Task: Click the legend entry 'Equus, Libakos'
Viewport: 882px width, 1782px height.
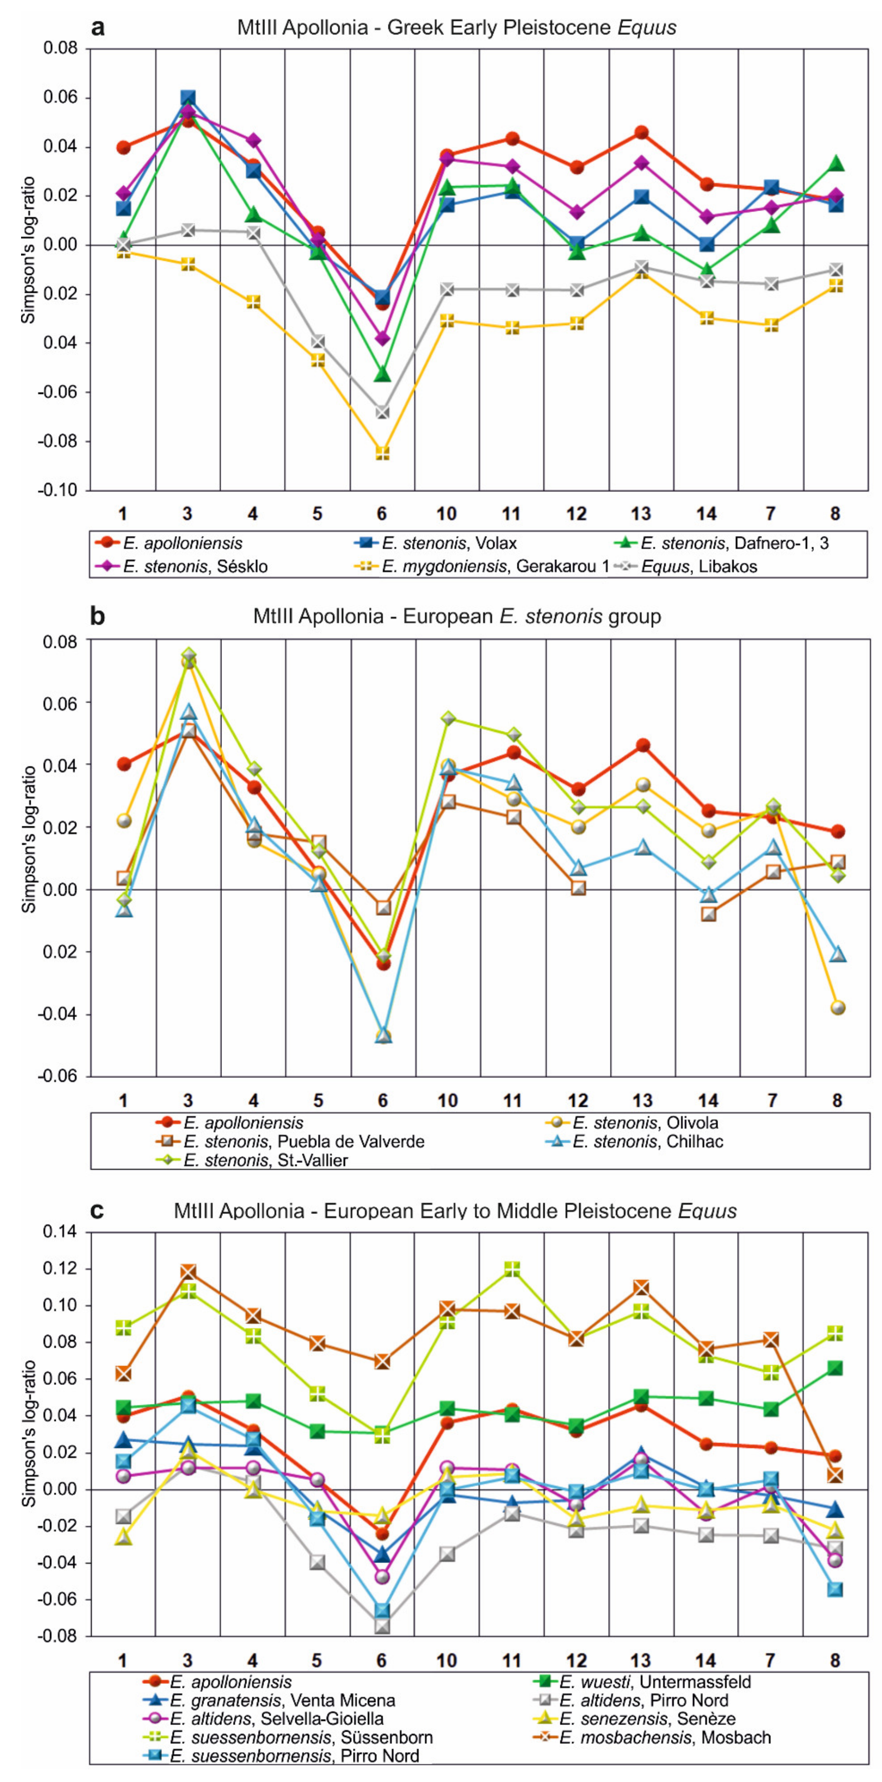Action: pyautogui.click(x=699, y=567)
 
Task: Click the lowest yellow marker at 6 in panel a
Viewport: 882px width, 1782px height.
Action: pyautogui.click(x=383, y=453)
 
